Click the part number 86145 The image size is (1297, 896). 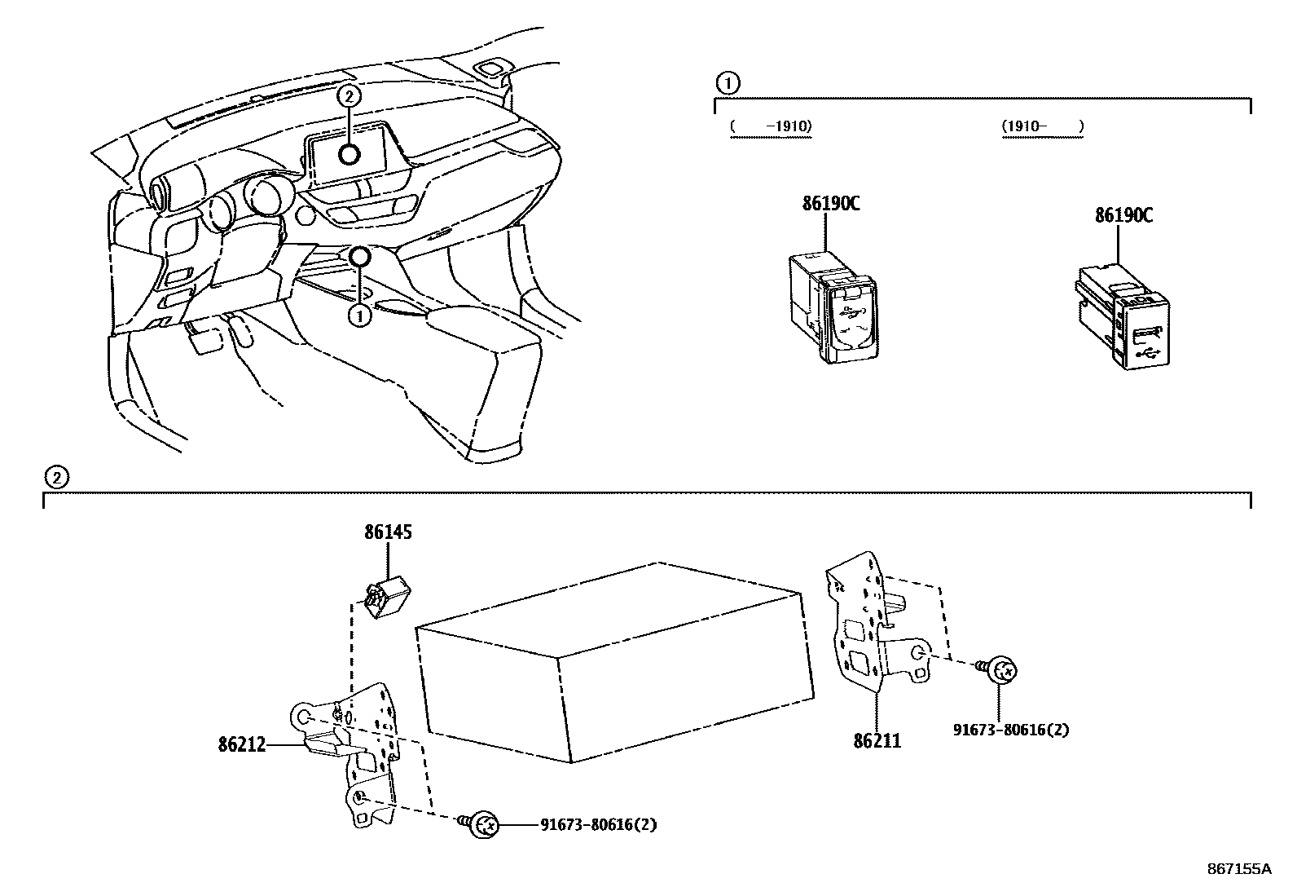click(388, 532)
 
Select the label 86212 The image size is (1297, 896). click(242, 744)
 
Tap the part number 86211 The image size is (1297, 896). click(877, 741)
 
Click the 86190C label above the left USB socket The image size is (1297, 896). click(830, 204)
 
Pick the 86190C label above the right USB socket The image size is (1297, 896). click(1123, 215)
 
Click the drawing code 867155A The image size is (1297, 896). click(1238, 869)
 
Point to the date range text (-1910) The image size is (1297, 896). click(772, 126)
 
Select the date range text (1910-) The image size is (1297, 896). click(1042, 126)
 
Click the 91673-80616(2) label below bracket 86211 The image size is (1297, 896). click(1010, 730)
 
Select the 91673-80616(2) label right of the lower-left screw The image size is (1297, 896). click(598, 825)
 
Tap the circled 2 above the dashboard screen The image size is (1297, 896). click(349, 96)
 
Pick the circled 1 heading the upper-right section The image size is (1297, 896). click(727, 82)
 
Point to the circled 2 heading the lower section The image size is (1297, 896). click(55, 477)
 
